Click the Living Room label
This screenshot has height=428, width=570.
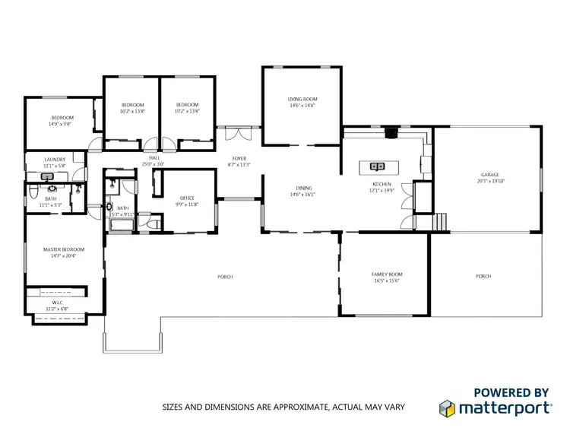[302, 100]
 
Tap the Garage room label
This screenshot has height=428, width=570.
[489, 175]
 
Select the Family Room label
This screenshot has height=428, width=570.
[387, 274]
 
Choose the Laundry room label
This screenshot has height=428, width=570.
[55, 160]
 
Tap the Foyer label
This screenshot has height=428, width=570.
[239, 158]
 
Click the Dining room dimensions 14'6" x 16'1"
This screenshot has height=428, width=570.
[302, 195]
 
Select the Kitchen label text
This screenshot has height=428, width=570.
[382, 185]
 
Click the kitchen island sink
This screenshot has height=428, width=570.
[377, 165]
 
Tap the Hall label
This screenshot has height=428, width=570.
[154, 158]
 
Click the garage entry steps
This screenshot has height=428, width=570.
[438, 222]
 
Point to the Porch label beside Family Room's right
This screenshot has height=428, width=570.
[483, 276]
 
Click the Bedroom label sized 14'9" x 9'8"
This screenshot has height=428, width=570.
[62, 117]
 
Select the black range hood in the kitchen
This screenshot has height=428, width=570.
[391, 135]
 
